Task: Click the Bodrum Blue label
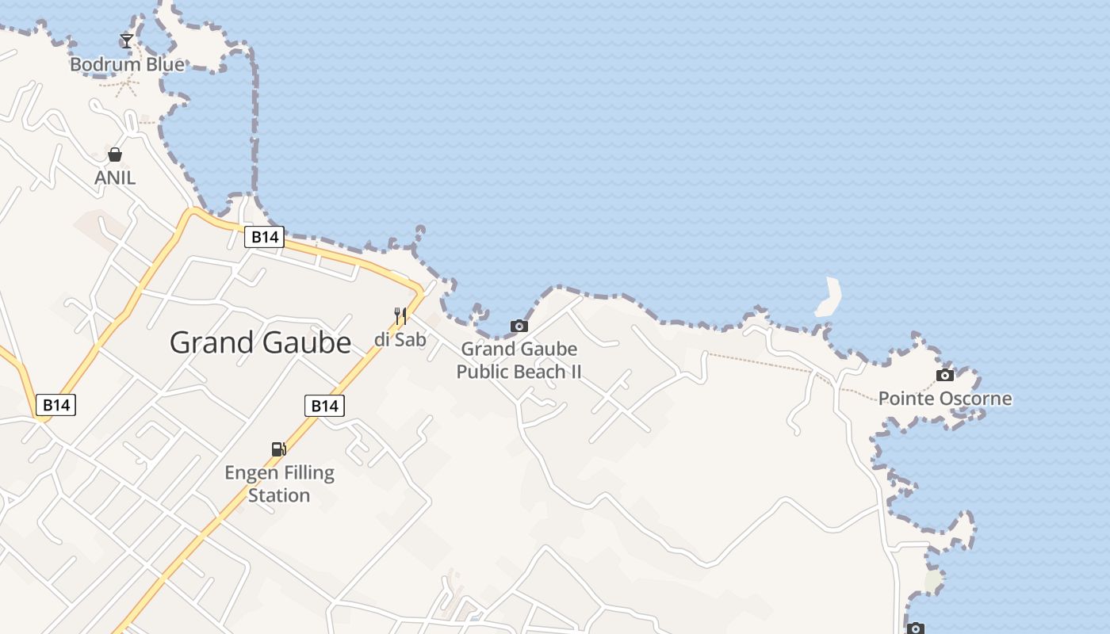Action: tap(127, 64)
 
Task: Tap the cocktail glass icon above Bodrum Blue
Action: tap(126, 40)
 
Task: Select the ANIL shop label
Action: tap(115, 178)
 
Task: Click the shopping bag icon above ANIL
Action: tap(115, 154)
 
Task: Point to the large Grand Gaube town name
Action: tap(260, 342)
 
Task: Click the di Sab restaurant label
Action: tap(400, 340)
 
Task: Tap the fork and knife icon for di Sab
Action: tap(400, 316)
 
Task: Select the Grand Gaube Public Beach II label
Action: tap(519, 360)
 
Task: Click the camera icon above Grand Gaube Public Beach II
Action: tap(519, 326)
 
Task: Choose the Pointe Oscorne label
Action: tap(944, 398)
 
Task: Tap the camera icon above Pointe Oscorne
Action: tap(944, 375)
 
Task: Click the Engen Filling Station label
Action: tap(279, 483)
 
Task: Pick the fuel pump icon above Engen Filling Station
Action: tap(278, 449)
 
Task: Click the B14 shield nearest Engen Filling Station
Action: tap(324, 406)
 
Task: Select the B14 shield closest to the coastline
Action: tap(264, 236)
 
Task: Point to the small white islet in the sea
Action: tap(829, 297)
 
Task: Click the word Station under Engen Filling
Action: tap(279, 495)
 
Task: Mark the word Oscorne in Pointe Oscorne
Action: tap(976, 398)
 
